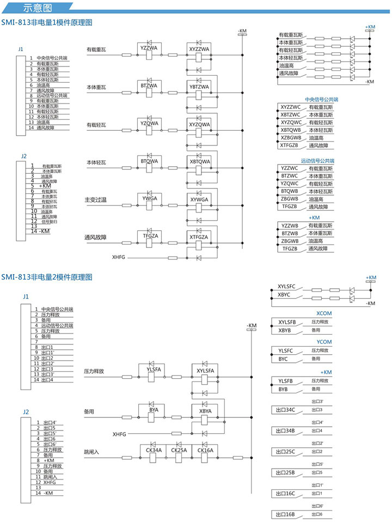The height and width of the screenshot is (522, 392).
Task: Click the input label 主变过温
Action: (96, 201)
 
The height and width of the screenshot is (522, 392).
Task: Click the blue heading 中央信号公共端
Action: (321, 100)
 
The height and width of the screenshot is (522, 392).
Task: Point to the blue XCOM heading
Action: (323, 314)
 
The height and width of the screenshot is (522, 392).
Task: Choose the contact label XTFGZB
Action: (289, 145)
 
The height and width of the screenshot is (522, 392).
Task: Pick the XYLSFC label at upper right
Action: (286, 286)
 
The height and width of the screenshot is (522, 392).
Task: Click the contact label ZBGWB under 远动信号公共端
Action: (290, 199)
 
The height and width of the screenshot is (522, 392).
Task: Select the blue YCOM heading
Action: (323, 342)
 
